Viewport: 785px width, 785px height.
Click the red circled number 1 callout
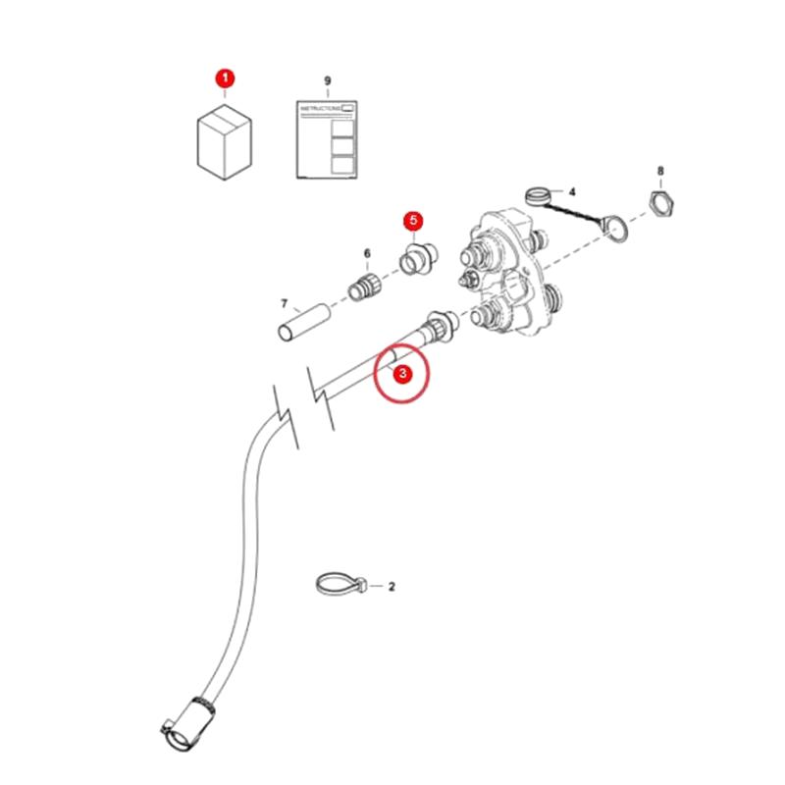point(225,78)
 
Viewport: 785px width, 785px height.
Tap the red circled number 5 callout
point(413,220)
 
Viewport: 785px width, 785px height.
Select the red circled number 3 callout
point(402,373)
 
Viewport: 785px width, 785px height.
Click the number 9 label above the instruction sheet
point(328,80)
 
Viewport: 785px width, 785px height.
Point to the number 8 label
point(660,171)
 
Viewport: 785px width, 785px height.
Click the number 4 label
point(572,191)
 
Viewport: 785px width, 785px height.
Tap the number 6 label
point(367,254)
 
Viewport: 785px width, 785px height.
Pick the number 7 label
point(285,304)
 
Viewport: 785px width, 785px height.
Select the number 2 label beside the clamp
point(392,586)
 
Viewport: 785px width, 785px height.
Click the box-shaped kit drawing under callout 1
point(225,141)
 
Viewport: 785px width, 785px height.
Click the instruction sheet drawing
point(327,139)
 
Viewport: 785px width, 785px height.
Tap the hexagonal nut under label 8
point(661,203)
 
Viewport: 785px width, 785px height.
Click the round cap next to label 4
point(538,195)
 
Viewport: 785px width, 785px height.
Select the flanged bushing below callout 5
point(418,258)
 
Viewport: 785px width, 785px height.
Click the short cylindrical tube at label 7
point(304,323)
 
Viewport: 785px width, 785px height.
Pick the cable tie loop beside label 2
point(341,585)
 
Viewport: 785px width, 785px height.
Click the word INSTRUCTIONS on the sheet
point(321,108)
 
